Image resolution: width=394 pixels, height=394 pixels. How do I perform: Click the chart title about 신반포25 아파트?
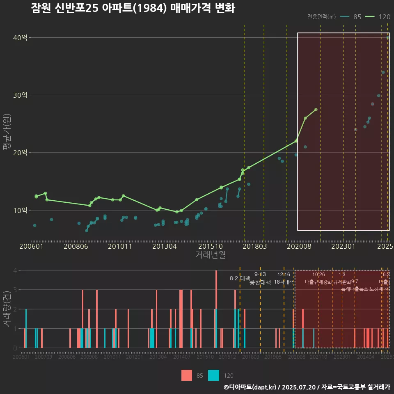pos(133,9)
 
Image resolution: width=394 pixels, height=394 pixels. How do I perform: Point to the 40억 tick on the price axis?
pos(20,38)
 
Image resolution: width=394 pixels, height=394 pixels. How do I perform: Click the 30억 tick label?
pos(20,95)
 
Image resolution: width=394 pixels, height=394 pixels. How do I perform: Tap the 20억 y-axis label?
pos(20,153)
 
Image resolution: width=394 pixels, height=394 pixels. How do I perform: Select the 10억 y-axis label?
pos(20,210)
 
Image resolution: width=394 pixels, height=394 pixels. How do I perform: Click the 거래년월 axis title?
pos(210,255)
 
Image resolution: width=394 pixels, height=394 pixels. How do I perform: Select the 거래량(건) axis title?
pos(6,309)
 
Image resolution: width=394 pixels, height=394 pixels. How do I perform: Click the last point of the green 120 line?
pos(316,109)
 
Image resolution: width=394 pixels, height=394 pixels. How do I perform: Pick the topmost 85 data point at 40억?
pos(387,38)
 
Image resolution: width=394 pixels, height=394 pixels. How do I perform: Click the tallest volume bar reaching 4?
pos(216,309)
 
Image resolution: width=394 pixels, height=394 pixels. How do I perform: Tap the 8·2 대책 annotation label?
pos(240,278)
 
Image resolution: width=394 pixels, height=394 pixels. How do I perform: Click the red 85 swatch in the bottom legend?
pos(187,375)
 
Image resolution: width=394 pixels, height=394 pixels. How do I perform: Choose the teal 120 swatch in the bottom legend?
pos(213,375)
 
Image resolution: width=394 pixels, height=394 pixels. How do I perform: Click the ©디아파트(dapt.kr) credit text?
pos(250,387)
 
